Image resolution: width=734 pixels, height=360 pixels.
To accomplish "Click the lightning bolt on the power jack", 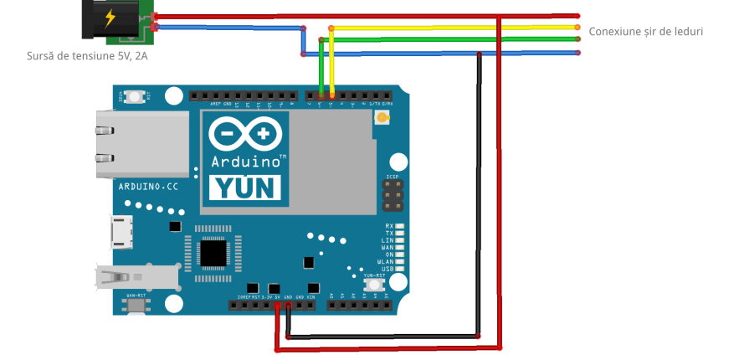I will pyautogui.click(x=110, y=18).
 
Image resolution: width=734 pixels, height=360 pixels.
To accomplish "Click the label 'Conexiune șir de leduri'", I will pyautogui.click(x=645, y=31).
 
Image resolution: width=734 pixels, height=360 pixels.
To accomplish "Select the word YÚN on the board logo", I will pyautogui.click(x=244, y=187).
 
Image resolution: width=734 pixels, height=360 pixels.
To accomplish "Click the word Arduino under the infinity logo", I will pyautogui.click(x=244, y=160).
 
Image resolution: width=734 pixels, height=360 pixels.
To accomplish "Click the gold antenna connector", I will pyautogui.click(x=382, y=118).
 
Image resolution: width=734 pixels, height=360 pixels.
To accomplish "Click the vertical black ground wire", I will pyautogui.click(x=478, y=193).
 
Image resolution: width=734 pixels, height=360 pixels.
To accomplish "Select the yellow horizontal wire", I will pyautogui.click(x=452, y=27).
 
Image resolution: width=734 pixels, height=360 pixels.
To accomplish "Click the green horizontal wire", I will pyautogui.click(x=452, y=39).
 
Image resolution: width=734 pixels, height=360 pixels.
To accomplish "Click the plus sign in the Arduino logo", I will pyautogui.click(x=265, y=133).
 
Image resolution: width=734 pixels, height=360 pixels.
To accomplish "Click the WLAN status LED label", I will pyautogui.click(x=387, y=261).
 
